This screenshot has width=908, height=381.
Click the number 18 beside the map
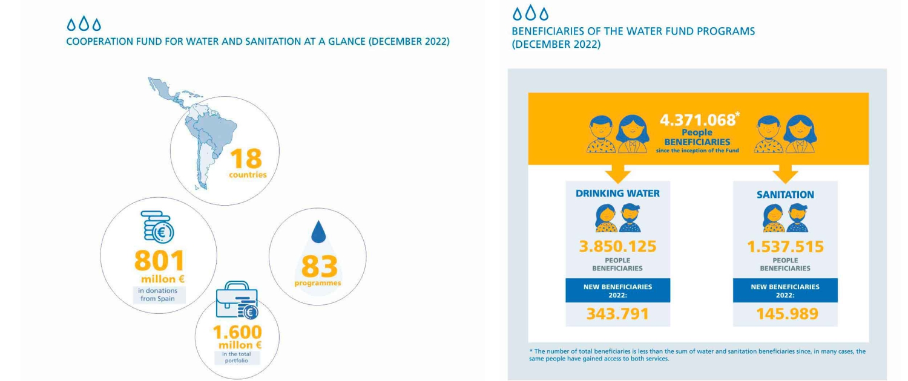pos(246,158)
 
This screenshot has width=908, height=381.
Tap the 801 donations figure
pos(159,260)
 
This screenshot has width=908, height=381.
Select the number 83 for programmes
pos(320,266)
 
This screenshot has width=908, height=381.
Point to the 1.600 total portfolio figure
pos(237,332)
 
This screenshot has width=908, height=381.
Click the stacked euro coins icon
pos(157,227)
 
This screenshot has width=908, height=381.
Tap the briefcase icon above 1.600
pos(237,299)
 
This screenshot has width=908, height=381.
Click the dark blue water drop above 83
pos(318,232)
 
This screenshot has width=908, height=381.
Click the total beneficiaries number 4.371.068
pos(697,120)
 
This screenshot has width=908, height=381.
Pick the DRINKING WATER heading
pos(617,194)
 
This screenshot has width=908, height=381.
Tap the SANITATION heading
pos(785,195)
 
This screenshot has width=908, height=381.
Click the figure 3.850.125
pos(617,247)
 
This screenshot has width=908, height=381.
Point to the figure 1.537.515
pos(785,247)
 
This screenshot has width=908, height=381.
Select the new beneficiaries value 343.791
pos(617,314)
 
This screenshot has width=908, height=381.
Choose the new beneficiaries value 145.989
pos(787,314)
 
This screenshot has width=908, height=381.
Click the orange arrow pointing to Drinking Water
pos(618,174)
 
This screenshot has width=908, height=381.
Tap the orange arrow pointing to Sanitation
pos(785,174)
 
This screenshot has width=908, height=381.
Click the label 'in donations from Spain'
pos(157,295)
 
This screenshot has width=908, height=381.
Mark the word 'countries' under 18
pos(248,175)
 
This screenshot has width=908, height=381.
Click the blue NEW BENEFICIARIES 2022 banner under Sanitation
pos(785,290)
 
